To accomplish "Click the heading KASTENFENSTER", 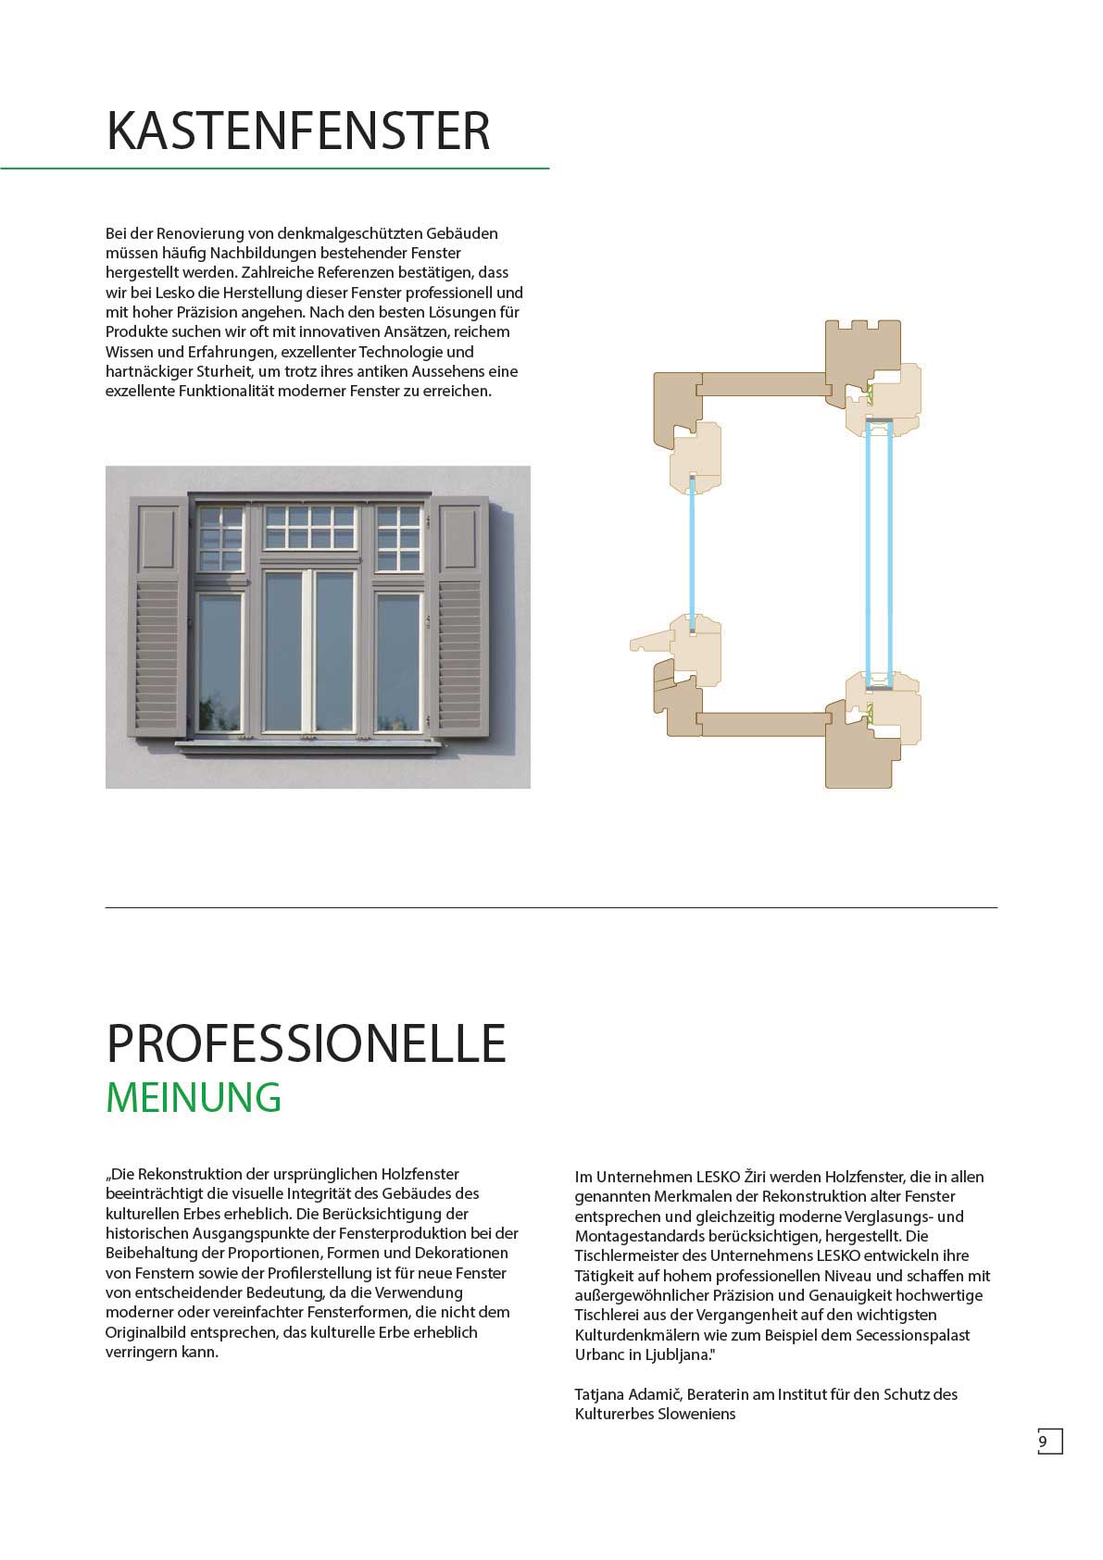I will (297, 131).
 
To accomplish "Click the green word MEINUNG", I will (194, 1097).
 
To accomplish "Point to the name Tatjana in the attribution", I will (601, 1394).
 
